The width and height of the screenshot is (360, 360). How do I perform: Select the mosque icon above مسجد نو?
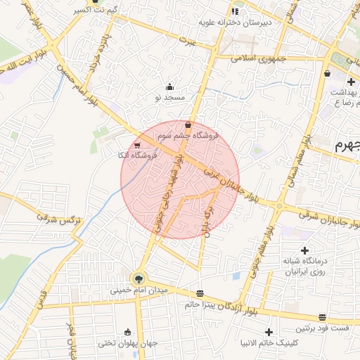[x=169, y=87]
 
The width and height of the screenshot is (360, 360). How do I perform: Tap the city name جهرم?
[x=346, y=146]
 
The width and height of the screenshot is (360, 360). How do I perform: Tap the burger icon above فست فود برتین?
[x=322, y=318]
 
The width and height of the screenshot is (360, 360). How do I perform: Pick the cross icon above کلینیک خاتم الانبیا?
[x=269, y=332]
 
